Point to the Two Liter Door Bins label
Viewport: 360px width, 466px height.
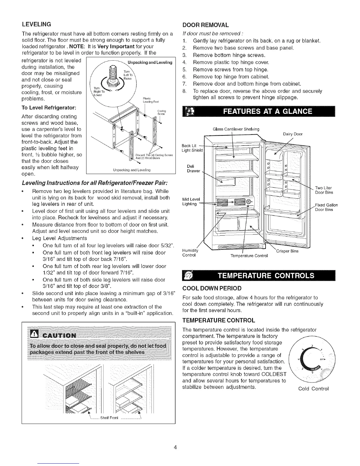[324, 190]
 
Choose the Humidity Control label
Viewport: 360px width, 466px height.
[190, 253]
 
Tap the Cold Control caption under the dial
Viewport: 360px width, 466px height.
[313, 389]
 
